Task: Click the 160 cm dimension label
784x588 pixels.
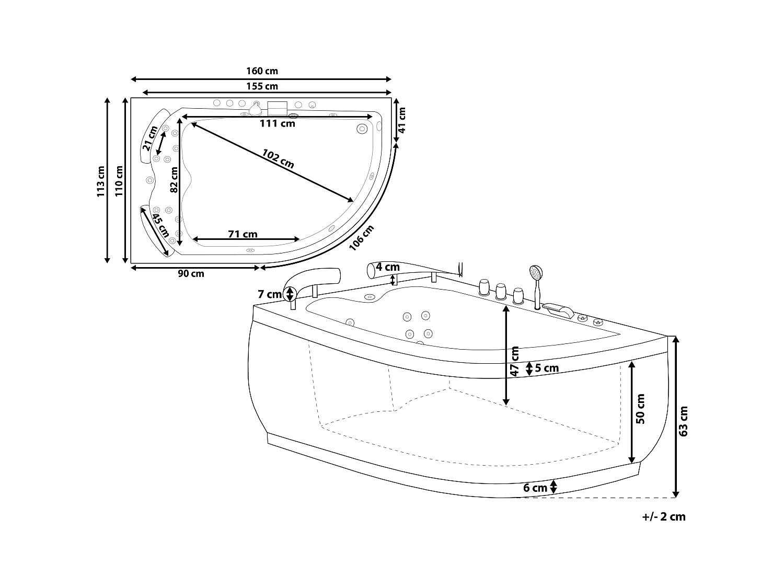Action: coord(262,71)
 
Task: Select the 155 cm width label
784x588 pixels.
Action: coord(262,86)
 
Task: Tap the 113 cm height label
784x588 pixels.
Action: coord(101,181)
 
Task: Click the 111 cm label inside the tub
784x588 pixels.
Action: coord(278,124)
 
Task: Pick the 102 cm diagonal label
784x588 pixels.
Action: coord(278,159)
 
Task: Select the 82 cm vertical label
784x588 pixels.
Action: coord(174,179)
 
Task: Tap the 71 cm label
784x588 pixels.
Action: coord(243,234)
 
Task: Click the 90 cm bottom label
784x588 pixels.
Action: coord(191,274)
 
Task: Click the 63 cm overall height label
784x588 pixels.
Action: coord(683,421)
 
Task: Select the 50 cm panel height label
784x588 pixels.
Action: coord(641,409)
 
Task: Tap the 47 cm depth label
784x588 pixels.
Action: coord(514,361)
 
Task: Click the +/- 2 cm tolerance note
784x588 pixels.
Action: coord(663,516)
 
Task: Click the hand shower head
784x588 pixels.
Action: coord(536,272)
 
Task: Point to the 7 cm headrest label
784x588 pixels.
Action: coord(269,294)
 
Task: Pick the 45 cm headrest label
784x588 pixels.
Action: coord(160,223)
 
